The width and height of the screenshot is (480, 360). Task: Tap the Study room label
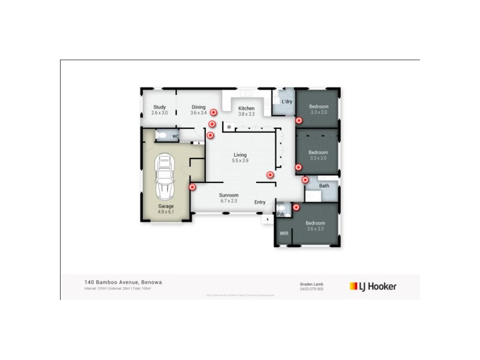pos(159,110)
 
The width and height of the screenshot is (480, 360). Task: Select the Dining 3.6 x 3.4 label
pos(198,110)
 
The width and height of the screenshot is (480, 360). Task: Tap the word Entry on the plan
pos(260,202)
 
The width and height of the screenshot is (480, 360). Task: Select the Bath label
pos(324,186)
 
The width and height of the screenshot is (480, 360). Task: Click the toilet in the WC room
pos(160,136)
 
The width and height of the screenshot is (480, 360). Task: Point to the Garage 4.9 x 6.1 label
pos(166,209)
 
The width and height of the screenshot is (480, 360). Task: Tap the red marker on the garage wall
pos(192,187)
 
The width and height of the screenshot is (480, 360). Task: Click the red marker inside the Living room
pos(270,175)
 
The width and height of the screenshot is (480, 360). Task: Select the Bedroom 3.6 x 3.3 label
pos(315,226)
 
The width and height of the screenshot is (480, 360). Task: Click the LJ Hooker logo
pos(373,286)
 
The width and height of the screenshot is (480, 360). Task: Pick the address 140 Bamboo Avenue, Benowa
pos(123,281)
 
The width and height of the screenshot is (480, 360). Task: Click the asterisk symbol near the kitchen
pos(229,127)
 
